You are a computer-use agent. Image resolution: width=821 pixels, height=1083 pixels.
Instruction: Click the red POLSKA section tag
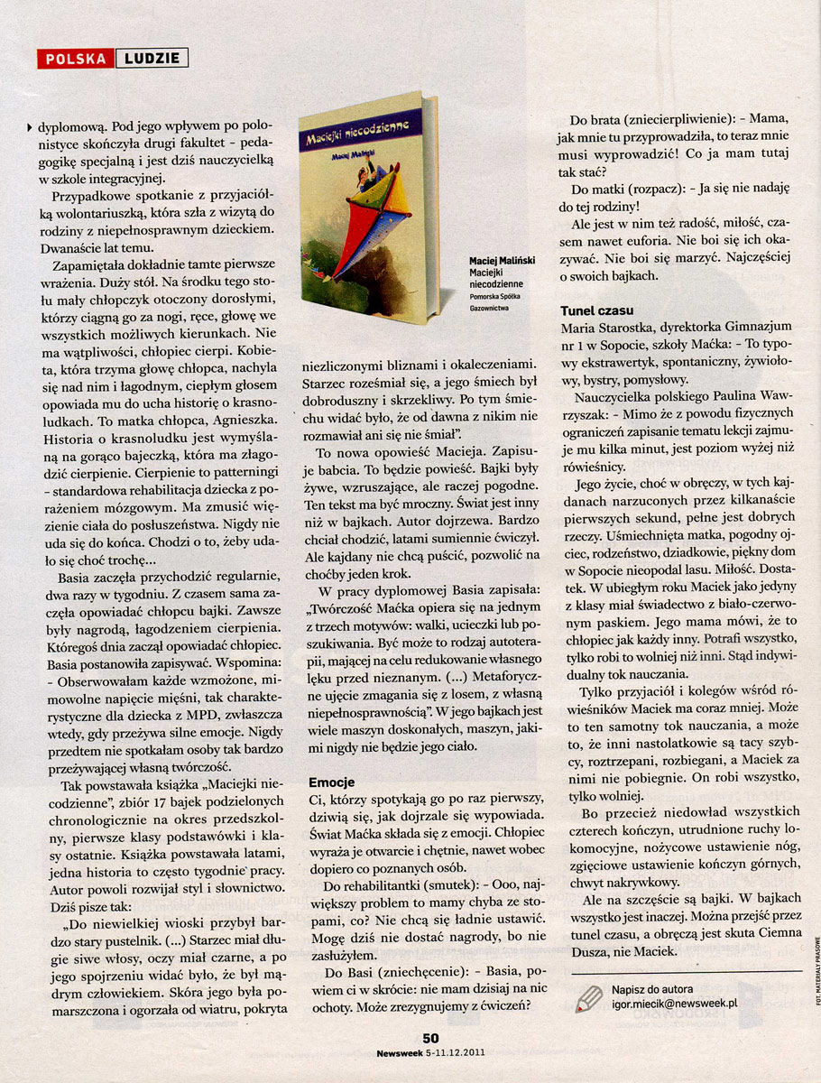pyautogui.click(x=76, y=60)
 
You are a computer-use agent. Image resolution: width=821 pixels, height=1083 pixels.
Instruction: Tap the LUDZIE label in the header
pyautogui.click(x=152, y=60)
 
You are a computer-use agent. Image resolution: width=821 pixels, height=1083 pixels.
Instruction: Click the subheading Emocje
pyautogui.click(x=332, y=781)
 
